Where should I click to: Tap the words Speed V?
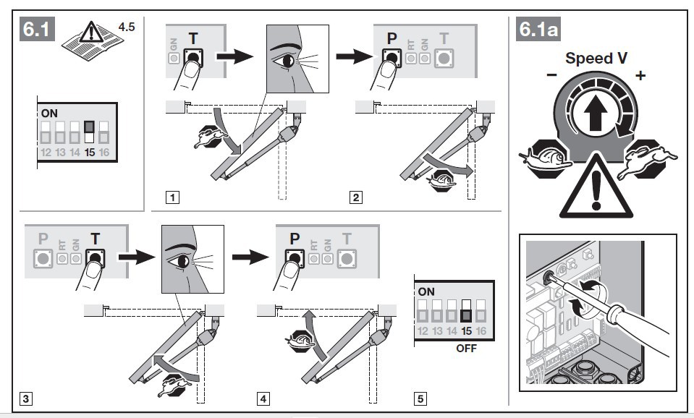point(596,58)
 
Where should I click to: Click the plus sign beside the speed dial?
point(640,75)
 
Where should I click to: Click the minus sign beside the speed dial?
point(551,75)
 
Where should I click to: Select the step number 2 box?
point(355,197)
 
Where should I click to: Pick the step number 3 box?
point(26,397)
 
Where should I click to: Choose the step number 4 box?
point(263,397)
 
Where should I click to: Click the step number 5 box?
point(421,397)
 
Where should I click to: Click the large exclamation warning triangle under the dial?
point(594,189)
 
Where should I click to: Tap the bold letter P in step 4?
point(295,239)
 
